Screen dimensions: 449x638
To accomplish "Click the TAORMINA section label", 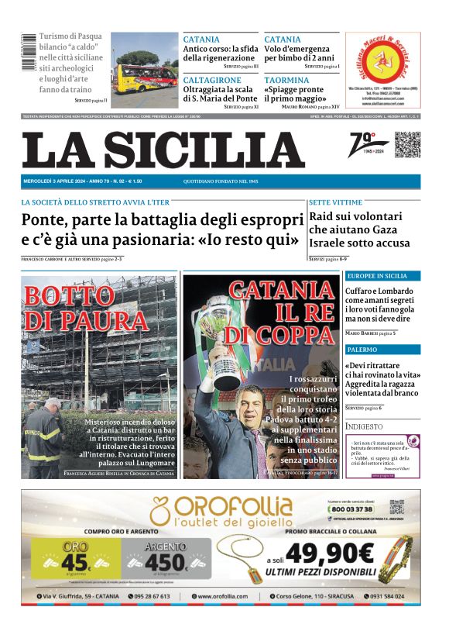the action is (x=286, y=80).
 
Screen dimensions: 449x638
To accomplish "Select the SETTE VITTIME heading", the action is (x=335, y=202).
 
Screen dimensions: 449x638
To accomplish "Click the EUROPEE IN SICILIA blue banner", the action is (x=382, y=276).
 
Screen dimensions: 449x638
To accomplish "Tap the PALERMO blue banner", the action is (x=382, y=350).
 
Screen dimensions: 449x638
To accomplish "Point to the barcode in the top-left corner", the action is (x=28, y=54).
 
